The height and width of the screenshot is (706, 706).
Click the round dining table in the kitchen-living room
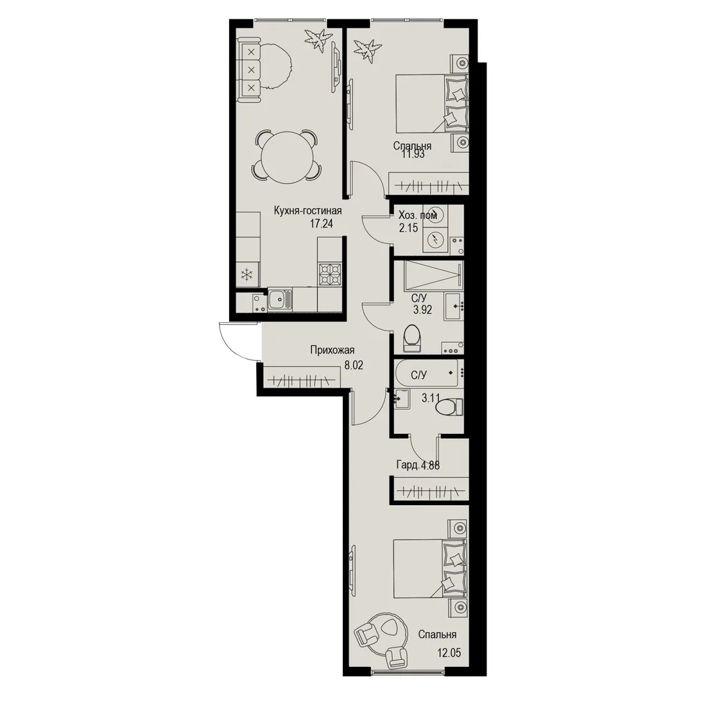pyautogui.click(x=287, y=156)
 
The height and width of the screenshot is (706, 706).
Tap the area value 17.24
pyautogui.click(x=321, y=223)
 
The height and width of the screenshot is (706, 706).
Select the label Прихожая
pyautogui.click(x=332, y=350)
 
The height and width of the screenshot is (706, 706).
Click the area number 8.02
pyautogui.click(x=354, y=365)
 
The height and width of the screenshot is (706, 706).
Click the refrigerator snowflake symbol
pyautogui.click(x=246, y=274)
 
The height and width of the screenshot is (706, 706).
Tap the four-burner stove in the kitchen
pyautogui.click(x=330, y=274)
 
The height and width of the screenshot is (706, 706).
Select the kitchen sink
pyautogui.click(x=280, y=300)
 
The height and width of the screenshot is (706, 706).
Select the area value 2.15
pyautogui.click(x=408, y=228)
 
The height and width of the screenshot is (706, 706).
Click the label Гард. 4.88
pyautogui.click(x=418, y=465)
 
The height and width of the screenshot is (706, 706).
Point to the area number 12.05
pyautogui.click(x=449, y=653)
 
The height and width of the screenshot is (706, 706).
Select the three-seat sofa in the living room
pyautogui.click(x=250, y=70)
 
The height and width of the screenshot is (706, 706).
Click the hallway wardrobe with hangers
pyautogui.click(x=301, y=377)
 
